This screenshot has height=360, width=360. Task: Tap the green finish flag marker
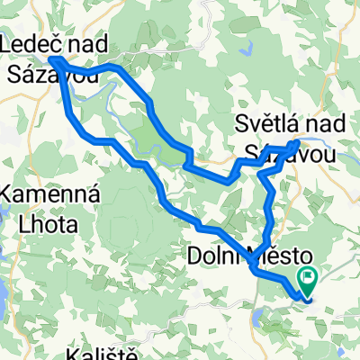pyautogui.click(x=308, y=280)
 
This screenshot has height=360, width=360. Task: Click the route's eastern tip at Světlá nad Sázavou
pyautogui.click(x=298, y=142)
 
